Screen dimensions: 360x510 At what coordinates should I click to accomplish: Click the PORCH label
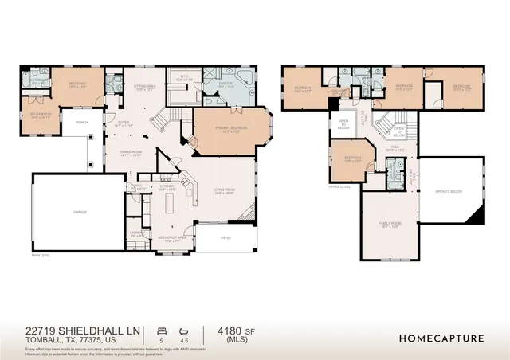click(x=81, y=123)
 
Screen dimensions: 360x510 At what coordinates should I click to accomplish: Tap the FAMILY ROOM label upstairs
click(x=390, y=225)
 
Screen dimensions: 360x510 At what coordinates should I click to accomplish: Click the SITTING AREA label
click(x=143, y=88)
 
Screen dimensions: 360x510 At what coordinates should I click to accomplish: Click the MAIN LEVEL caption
click(x=41, y=256)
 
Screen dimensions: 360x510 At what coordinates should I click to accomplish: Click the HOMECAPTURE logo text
click(x=441, y=338)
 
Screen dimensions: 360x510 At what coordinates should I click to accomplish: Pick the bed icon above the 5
click(x=162, y=328)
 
